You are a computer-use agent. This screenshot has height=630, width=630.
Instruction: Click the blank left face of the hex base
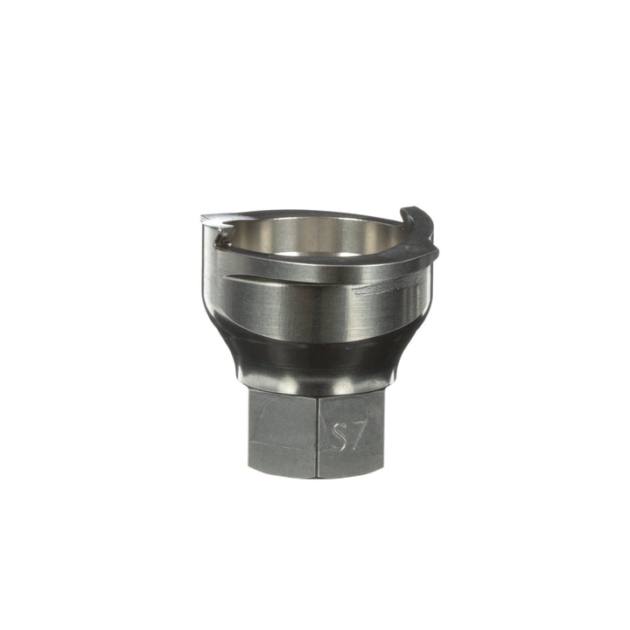[282, 432]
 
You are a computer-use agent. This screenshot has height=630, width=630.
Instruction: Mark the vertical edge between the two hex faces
[317, 432]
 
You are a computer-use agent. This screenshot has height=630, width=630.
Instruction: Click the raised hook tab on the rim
[420, 231]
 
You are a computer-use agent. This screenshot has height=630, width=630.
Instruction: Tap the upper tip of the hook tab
[405, 209]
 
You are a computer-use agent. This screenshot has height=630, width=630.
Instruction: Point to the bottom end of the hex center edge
[317, 477]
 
